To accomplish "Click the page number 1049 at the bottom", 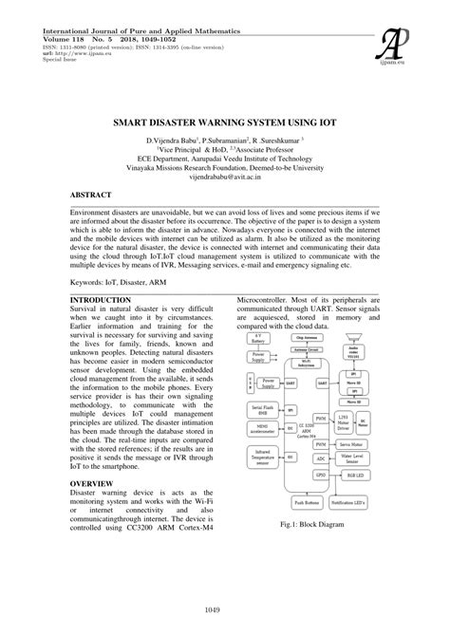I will click(225, 608).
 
